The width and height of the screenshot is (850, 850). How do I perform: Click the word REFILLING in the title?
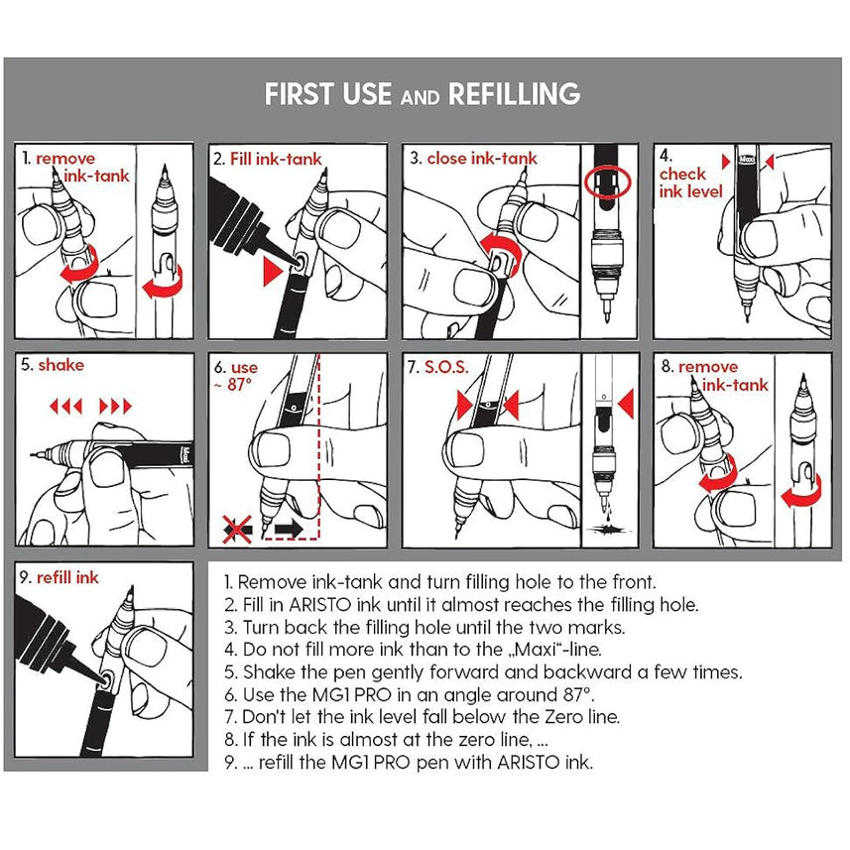[514, 94]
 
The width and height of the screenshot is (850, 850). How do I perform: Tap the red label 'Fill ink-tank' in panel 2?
[276, 159]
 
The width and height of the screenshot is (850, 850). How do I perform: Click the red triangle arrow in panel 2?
[273, 271]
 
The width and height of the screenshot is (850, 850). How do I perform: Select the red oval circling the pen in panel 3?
[608, 182]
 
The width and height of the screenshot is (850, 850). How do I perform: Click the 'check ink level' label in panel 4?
[690, 182]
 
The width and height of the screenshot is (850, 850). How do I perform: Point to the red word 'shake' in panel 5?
[61, 365]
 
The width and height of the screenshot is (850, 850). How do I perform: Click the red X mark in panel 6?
[237, 529]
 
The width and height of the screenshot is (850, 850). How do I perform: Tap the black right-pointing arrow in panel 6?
[289, 529]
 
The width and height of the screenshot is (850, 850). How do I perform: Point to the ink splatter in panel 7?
[608, 529]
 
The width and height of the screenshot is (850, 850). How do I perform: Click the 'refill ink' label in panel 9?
[67, 578]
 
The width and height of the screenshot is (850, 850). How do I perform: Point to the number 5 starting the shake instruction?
[229, 672]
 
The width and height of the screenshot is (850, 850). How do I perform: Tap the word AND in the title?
[421, 97]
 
